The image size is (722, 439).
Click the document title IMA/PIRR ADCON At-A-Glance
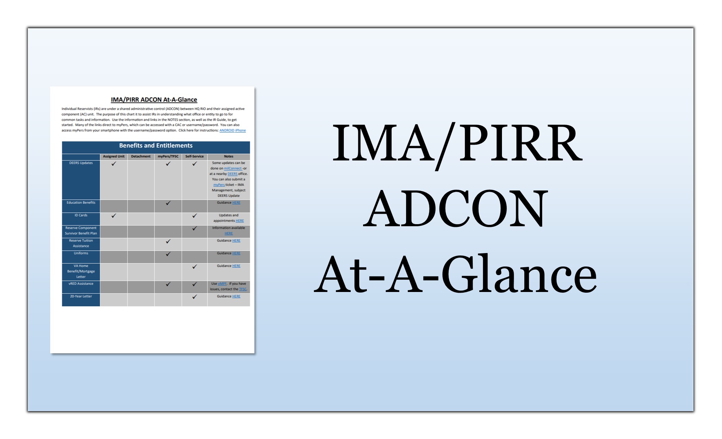pyautogui.click(x=154, y=100)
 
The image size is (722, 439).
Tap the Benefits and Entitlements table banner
pyautogui.click(x=156, y=146)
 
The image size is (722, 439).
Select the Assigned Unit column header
pyautogui.click(x=114, y=156)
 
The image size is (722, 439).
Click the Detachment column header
pyautogui.click(x=141, y=156)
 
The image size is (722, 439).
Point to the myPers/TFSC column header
pyautogui.click(x=168, y=156)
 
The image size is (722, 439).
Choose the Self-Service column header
pyautogui.click(x=194, y=156)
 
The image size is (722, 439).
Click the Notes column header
pyautogui.click(x=229, y=156)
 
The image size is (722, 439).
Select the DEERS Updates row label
pyautogui.click(x=81, y=163)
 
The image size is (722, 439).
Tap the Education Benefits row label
pyautogui.click(x=81, y=202)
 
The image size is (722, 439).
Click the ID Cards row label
pyautogui.click(x=81, y=215)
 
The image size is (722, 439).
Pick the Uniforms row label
pyautogui.click(x=81, y=253)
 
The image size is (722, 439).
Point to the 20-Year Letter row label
pyautogui.click(x=81, y=296)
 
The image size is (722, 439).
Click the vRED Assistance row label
pyautogui.click(x=81, y=284)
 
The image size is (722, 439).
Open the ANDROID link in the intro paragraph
pyautogui.click(x=227, y=130)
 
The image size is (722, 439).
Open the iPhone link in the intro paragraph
pyautogui.click(x=240, y=130)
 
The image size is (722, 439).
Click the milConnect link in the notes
pyautogui.click(x=233, y=168)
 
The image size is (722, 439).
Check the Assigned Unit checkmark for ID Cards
pyautogui.click(x=114, y=216)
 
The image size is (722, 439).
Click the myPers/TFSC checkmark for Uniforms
pyautogui.click(x=168, y=254)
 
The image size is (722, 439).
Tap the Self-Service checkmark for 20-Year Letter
pyautogui.click(x=195, y=296)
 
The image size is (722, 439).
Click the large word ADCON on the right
pyautogui.click(x=456, y=209)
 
